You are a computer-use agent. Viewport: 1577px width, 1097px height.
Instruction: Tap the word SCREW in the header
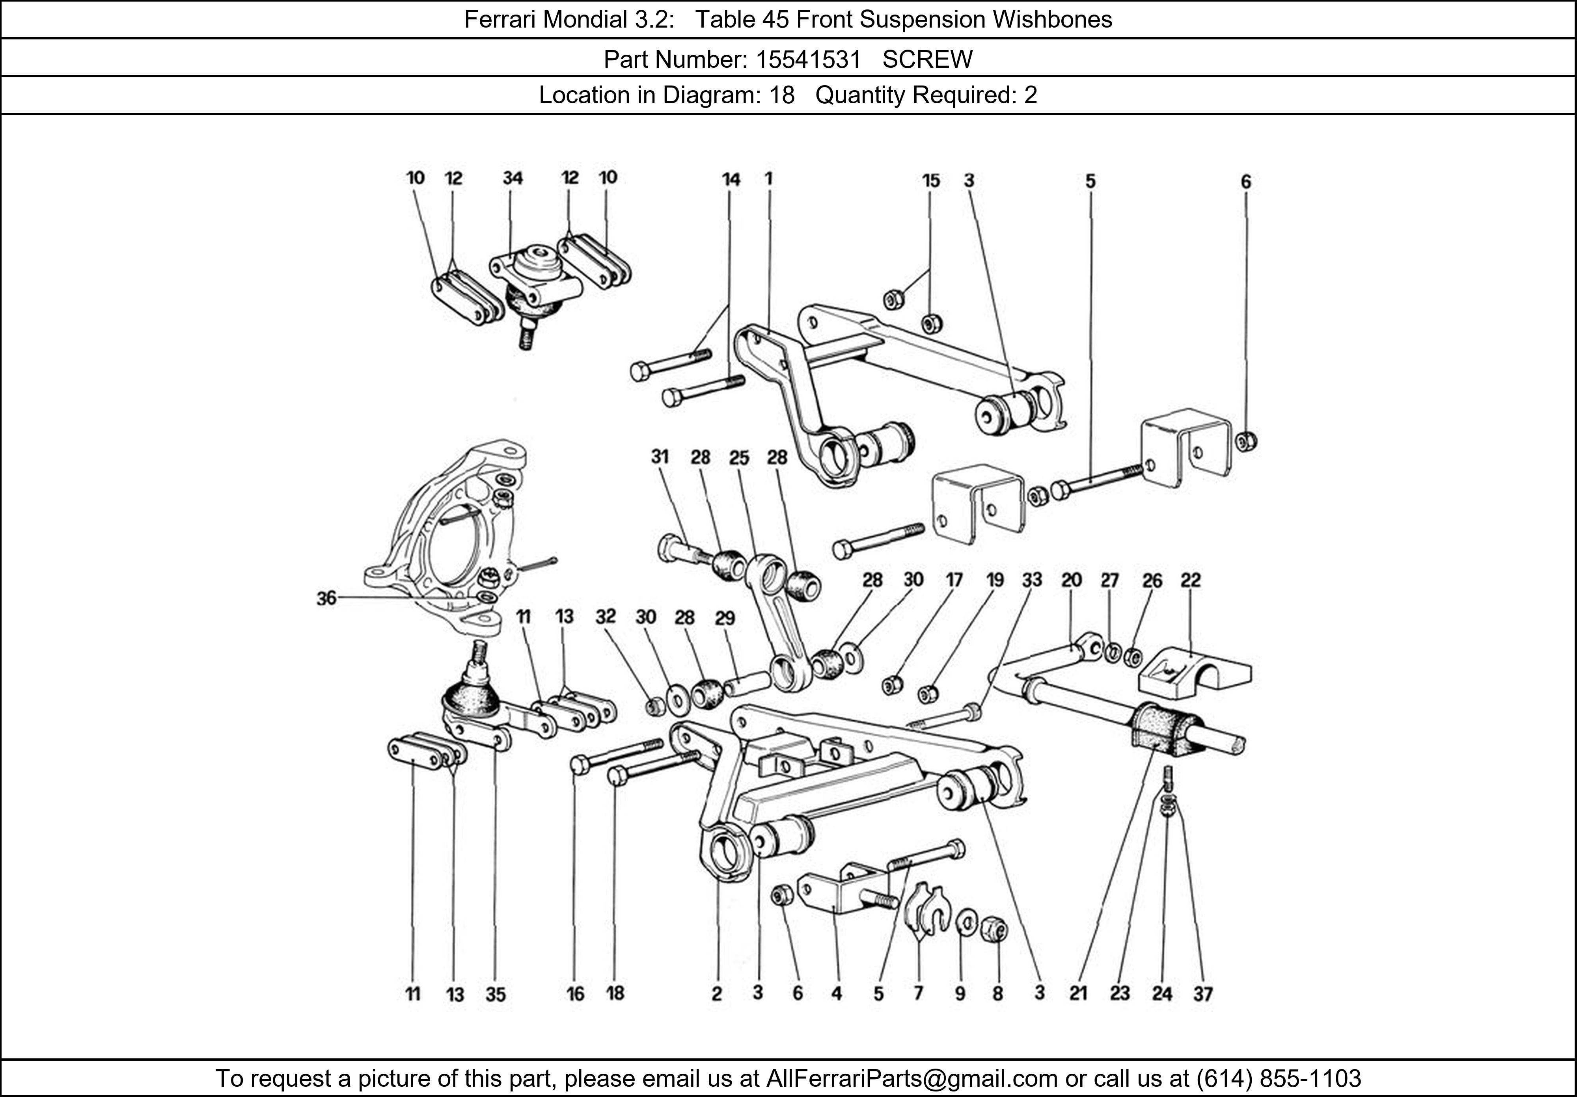[927, 60]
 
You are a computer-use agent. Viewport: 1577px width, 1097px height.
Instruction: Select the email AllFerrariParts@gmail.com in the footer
[912, 1078]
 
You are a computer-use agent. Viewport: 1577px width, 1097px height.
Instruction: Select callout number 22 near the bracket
[1190, 581]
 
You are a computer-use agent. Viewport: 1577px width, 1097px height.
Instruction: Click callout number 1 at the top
[769, 178]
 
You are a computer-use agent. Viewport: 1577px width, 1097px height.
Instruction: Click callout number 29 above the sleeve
[725, 619]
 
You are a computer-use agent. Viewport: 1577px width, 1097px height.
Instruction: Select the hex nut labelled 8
[993, 930]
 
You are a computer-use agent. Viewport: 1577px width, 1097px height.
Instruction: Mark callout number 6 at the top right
[1246, 182]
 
